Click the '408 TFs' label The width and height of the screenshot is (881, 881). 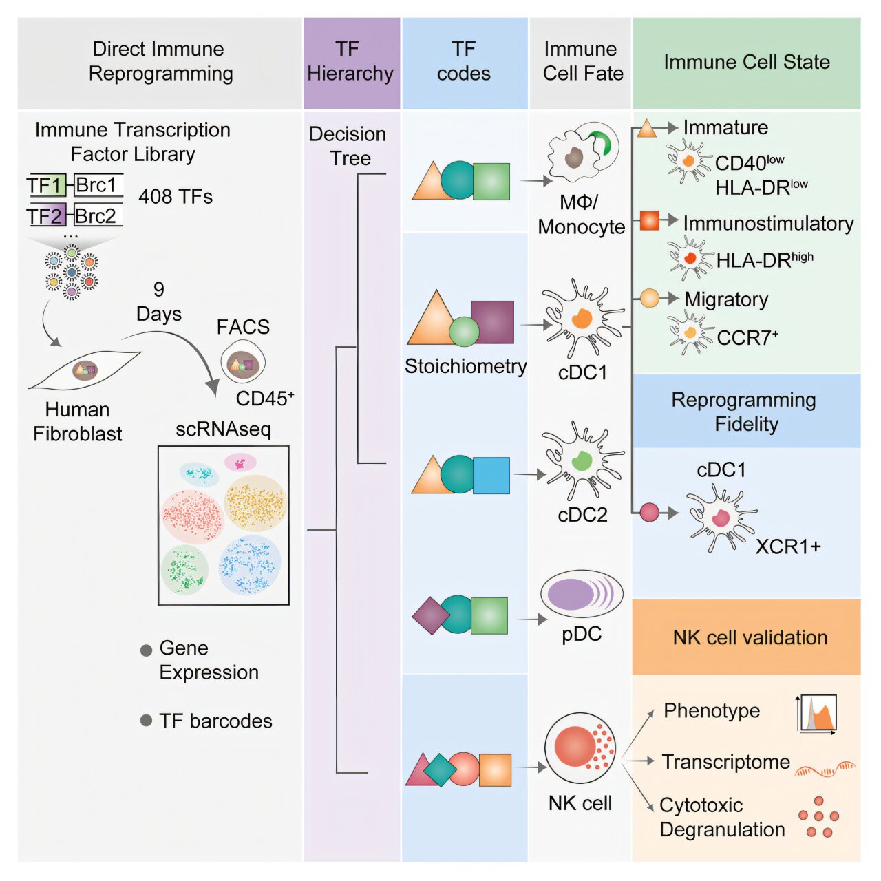pyautogui.click(x=176, y=197)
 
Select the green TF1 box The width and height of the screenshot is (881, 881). pyautogui.click(x=47, y=186)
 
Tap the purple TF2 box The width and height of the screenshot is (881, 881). pyautogui.click(x=47, y=216)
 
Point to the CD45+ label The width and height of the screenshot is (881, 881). pyautogui.click(x=265, y=399)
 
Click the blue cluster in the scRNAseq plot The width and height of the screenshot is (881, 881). pyautogui.click(x=249, y=565)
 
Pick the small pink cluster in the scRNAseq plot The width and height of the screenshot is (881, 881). pyautogui.click(x=240, y=463)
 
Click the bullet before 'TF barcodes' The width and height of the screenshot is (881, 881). pyautogui.click(x=146, y=720)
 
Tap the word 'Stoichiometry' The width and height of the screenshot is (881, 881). pyautogui.click(x=465, y=366)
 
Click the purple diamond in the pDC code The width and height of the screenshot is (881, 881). pyautogui.click(x=430, y=615)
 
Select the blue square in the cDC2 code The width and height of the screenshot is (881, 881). pyautogui.click(x=491, y=476)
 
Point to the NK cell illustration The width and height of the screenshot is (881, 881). pyautogui.click(x=580, y=748)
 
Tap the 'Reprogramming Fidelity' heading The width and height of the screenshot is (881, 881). pyautogui.click(x=745, y=412)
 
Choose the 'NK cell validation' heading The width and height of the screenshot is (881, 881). pyautogui.click(x=750, y=637)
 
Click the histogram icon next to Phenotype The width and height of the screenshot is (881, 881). pyautogui.click(x=818, y=714)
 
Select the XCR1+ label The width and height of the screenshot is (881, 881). pyautogui.click(x=788, y=546)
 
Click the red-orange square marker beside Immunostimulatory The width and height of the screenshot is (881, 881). pyautogui.click(x=649, y=221)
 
